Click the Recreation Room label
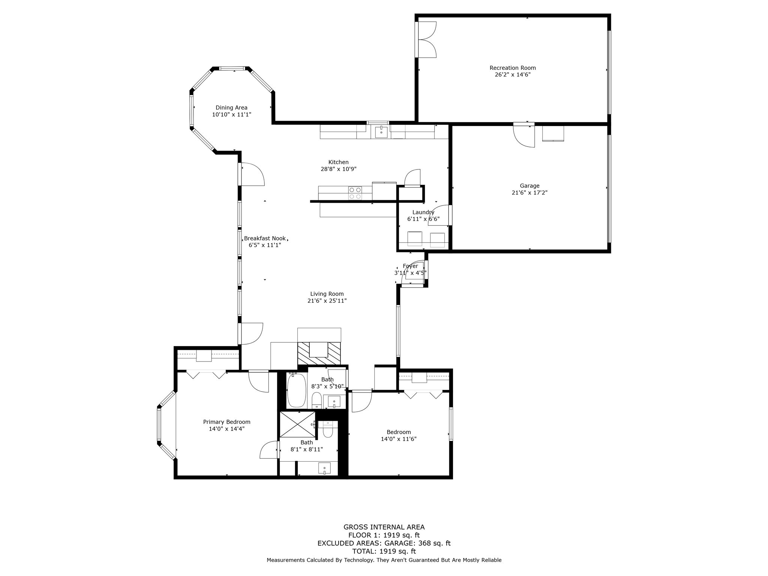pyautogui.click(x=512, y=68)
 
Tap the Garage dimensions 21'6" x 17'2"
pyautogui.click(x=529, y=193)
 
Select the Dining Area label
pyautogui.click(x=231, y=108)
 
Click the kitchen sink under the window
pyautogui.click(x=381, y=132)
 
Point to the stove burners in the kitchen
pyautogui.click(x=355, y=193)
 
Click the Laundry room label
pyautogui.click(x=423, y=212)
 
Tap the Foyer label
pyautogui.click(x=410, y=266)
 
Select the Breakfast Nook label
pyautogui.click(x=265, y=238)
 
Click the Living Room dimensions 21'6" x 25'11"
pyautogui.click(x=327, y=301)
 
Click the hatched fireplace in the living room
pyautogui.click(x=319, y=353)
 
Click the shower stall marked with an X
pyautogui.click(x=298, y=424)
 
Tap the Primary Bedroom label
pyautogui.click(x=226, y=422)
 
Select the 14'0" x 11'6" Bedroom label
pyautogui.click(x=399, y=432)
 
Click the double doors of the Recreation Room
pyautogui.click(x=427, y=40)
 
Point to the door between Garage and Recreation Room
pyautogui.click(x=524, y=135)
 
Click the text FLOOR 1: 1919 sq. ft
pyautogui.click(x=384, y=535)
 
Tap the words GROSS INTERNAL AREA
pyautogui.click(x=384, y=527)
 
